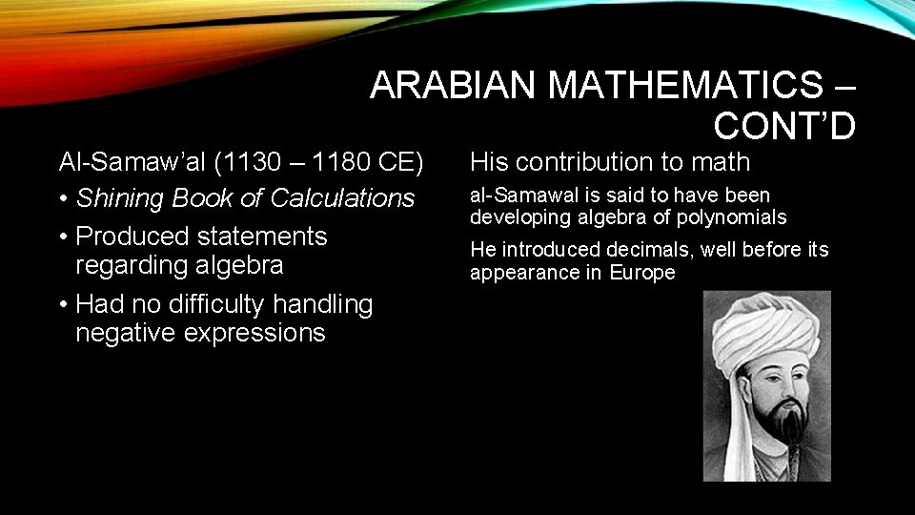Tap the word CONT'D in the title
click(784, 125)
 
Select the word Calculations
click(343, 198)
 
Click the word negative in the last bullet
click(125, 333)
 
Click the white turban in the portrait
click(762, 329)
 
